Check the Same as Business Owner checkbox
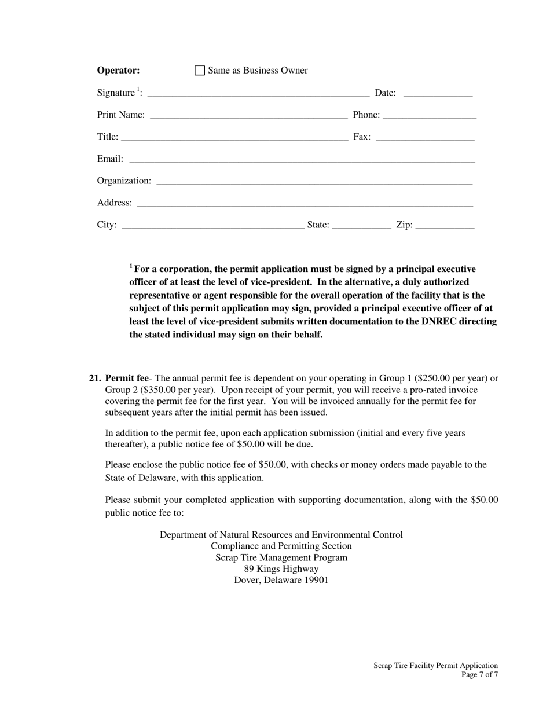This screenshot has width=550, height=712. point(200,71)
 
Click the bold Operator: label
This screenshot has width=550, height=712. point(118,71)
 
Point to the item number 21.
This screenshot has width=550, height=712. point(95,379)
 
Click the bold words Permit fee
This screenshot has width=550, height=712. point(127,379)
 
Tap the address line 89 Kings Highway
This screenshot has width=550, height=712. point(281,568)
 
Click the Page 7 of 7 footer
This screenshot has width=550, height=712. point(479,674)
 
